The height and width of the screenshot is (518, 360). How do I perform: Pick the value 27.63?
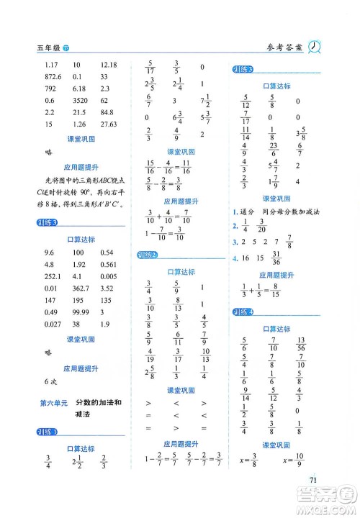click(110, 125)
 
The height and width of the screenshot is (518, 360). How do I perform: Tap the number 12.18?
click(110, 64)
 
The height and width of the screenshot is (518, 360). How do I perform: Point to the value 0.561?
click(109, 263)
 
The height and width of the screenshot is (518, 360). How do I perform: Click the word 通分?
click(249, 213)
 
